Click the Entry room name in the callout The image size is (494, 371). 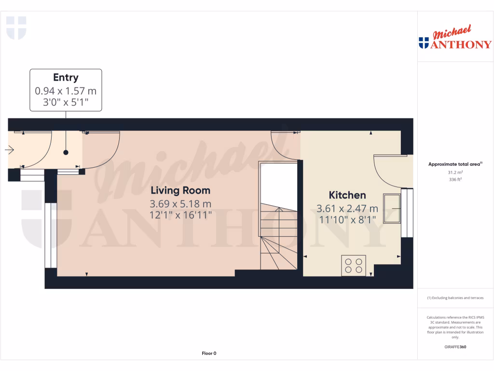point(66,78)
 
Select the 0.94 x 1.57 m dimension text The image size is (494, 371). point(66,90)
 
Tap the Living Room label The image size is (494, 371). point(181,190)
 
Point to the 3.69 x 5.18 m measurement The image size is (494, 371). point(181,203)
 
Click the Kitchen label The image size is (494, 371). point(347,195)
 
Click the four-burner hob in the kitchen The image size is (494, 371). point(354,265)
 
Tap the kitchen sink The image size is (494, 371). point(391,208)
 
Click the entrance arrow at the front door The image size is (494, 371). point(9,150)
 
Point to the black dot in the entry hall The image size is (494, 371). point(66,153)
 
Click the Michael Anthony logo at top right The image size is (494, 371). point(455,38)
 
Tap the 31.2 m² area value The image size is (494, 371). point(455,172)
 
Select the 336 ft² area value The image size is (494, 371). point(455,179)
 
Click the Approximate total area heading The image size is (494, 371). point(455,164)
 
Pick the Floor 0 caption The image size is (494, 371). point(209,353)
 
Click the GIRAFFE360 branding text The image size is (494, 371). point(455,347)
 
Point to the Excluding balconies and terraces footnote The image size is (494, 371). point(455,298)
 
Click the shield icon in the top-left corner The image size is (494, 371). point(16,28)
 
